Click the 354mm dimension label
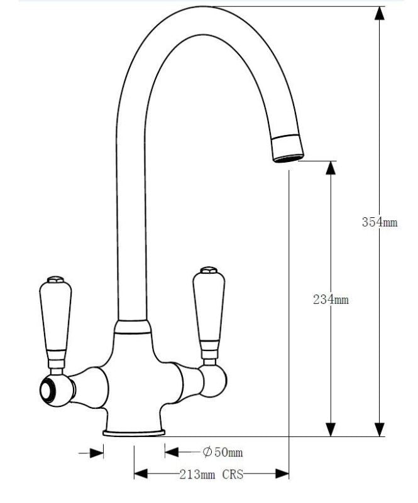[x=380, y=222]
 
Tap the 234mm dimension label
[x=331, y=300]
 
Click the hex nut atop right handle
[x=208, y=271]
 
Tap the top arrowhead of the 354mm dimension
[x=379, y=14]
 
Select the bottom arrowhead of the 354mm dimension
[x=379, y=428]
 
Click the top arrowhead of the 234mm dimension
[x=329, y=168]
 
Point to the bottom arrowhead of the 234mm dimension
[x=329, y=428]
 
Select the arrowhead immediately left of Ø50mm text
[x=172, y=452]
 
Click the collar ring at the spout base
[x=133, y=325]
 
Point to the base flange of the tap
[x=134, y=432]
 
